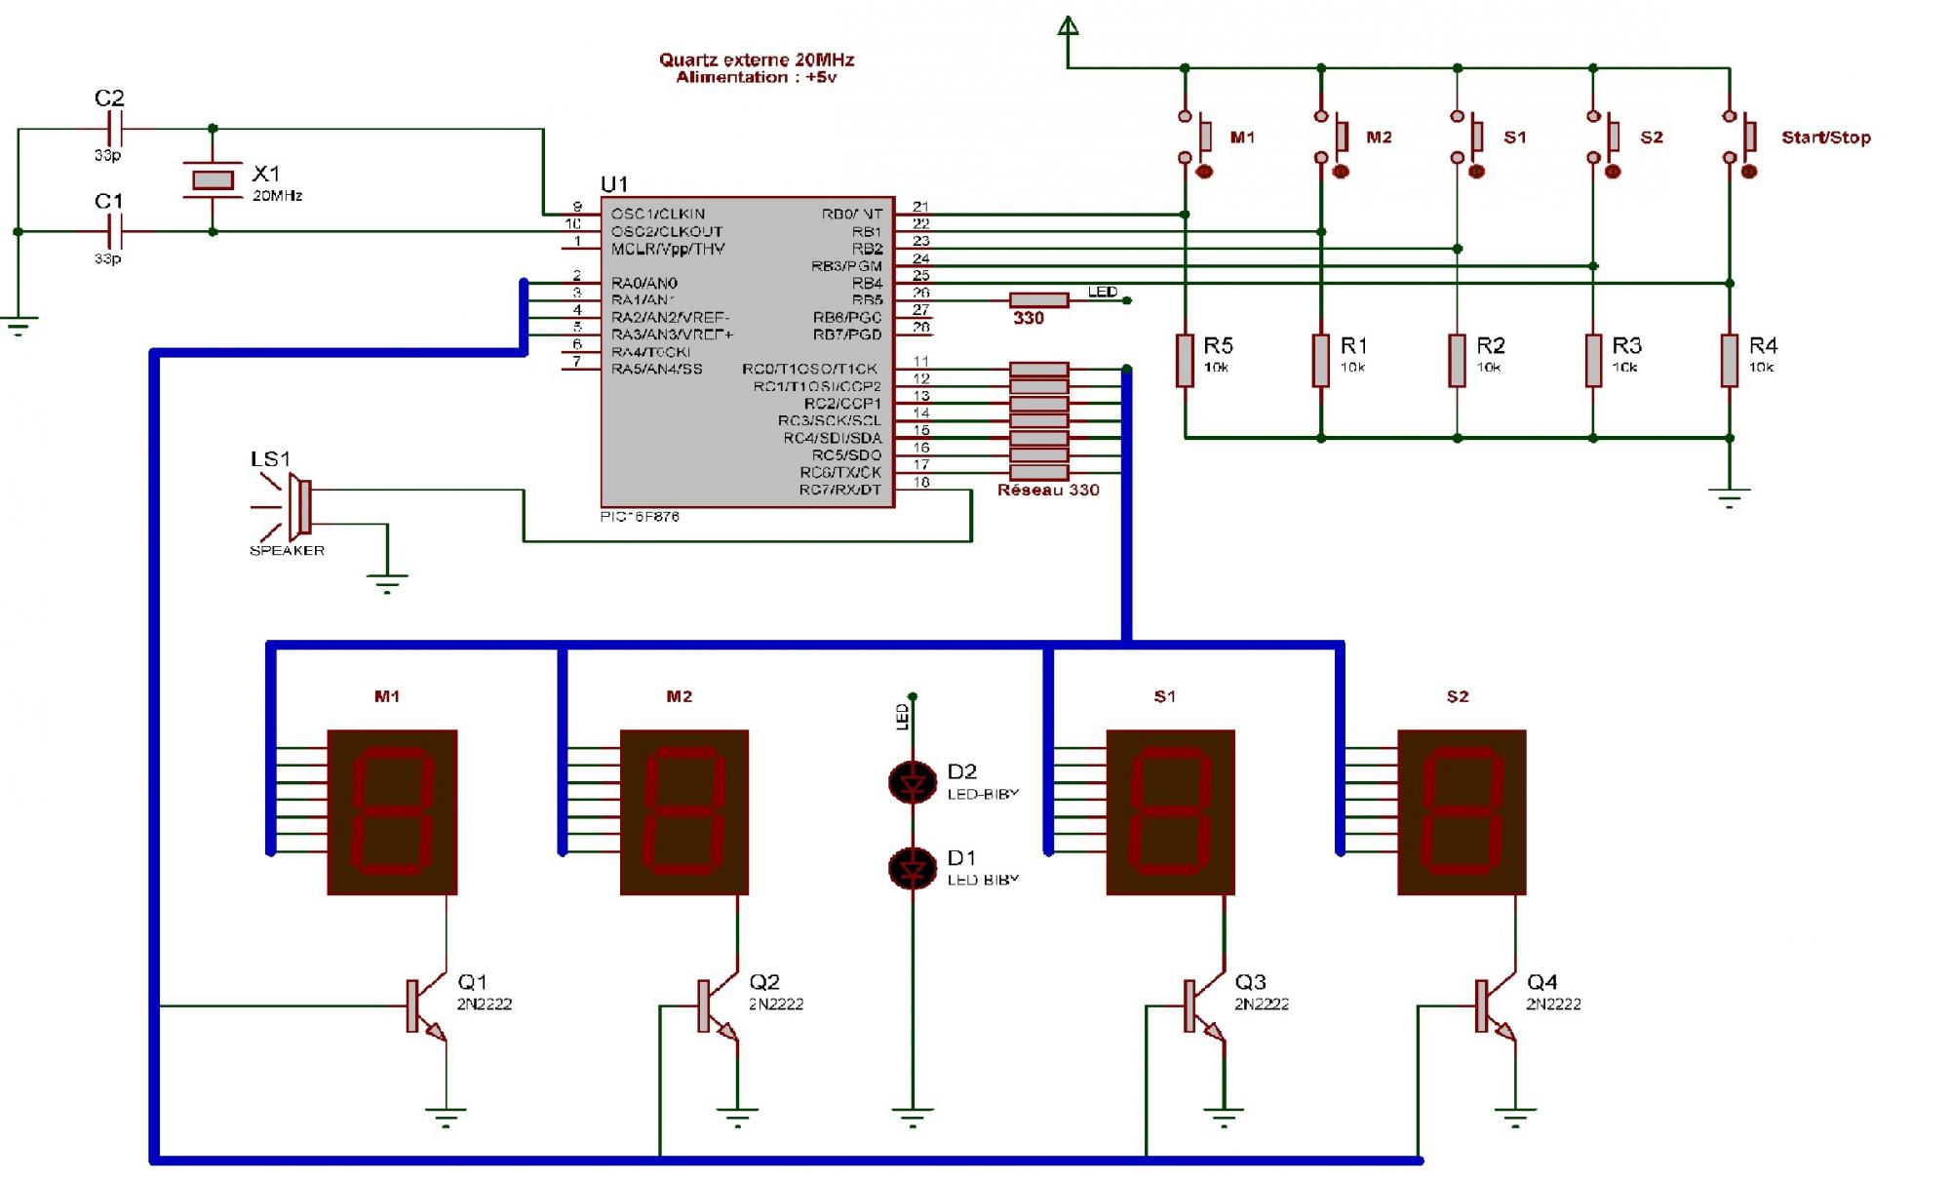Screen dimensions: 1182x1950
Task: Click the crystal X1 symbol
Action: (x=213, y=179)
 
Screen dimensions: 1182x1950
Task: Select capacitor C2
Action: (x=115, y=128)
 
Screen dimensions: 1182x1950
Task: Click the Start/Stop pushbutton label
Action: (x=1825, y=138)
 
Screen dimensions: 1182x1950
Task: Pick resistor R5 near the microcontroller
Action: (x=1185, y=360)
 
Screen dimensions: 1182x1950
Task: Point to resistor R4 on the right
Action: (x=1730, y=360)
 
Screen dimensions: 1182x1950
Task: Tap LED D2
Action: (x=913, y=782)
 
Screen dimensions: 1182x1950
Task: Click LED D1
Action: (x=913, y=868)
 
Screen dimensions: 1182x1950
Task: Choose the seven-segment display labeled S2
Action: (x=1461, y=811)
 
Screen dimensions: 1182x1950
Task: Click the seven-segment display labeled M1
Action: (x=392, y=811)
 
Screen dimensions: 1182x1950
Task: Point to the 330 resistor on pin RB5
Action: (x=1038, y=300)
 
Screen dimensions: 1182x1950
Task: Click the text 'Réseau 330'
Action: (x=1048, y=490)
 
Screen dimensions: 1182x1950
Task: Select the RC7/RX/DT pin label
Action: (x=839, y=490)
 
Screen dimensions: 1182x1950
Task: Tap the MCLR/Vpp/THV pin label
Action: (x=668, y=249)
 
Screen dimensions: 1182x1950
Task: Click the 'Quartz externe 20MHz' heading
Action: (x=757, y=59)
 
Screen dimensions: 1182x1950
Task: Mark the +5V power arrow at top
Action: (x=1069, y=26)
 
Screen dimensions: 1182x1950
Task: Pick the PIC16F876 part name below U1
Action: (x=640, y=517)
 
